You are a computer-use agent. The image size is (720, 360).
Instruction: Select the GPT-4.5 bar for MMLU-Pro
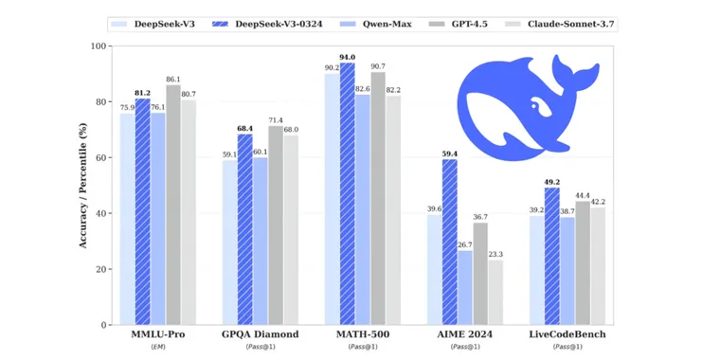click(173, 205)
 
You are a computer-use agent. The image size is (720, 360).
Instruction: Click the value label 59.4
click(449, 153)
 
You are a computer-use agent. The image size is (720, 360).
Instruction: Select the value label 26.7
click(465, 243)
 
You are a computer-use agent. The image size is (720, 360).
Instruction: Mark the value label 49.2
click(551, 181)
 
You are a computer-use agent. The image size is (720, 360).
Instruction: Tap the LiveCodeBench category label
click(567, 334)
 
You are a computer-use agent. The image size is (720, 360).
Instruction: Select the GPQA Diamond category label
click(260, 334)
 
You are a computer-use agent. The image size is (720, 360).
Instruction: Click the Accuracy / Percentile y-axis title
click(82, 186)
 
